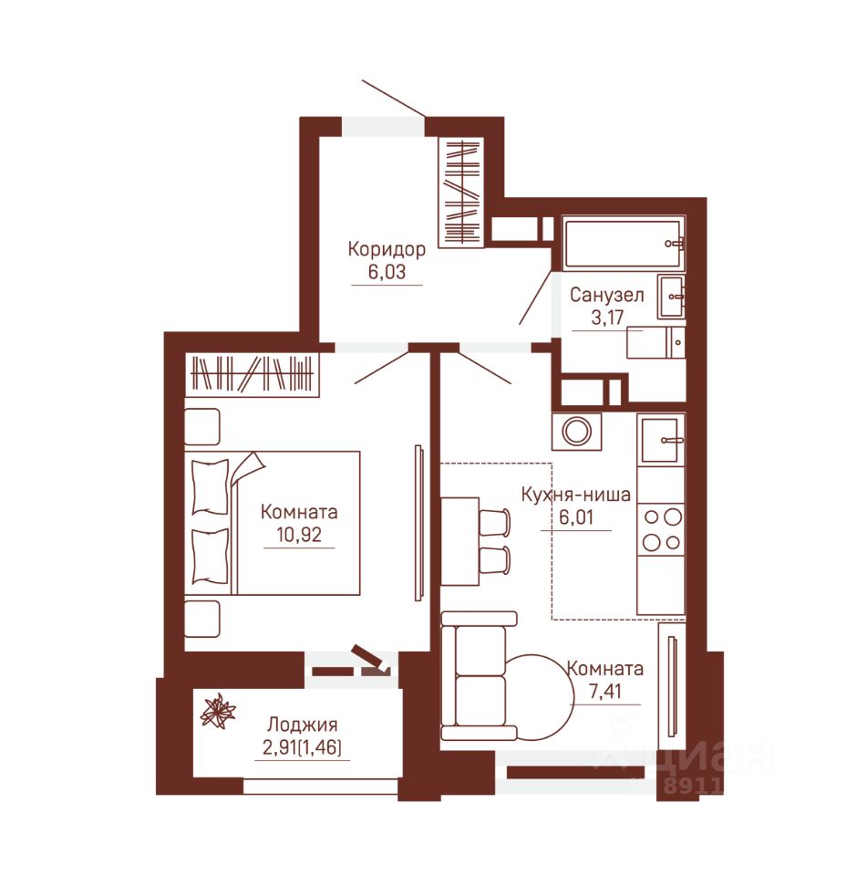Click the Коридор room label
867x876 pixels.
click(x=387, y=249)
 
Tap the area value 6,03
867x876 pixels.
click(x=387, y=272)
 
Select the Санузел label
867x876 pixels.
click(x=607, y=295)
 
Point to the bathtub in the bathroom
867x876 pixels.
click(x=624, y=244)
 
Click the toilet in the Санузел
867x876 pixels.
click(x=655, y=342)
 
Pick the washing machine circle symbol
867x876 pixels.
click(x=577, y=432)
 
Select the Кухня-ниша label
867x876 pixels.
click(x=575, y=495)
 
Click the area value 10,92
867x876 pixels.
click(x=299, y=535)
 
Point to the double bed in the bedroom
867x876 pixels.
click(x=273, y=523)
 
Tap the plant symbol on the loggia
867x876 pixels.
click(x=218, y=711)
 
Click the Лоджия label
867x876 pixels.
click(x=302, y=725)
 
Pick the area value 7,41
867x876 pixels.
click(x=605, y=692)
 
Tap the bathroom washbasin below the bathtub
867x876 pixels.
click(x=671, y=296)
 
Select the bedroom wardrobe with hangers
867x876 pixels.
click(x=252, y=374)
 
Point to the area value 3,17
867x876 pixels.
click(x=607, y=318)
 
